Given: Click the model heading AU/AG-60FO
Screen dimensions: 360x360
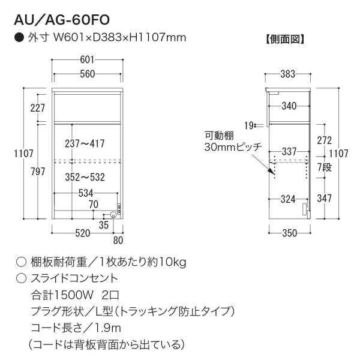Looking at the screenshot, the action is (x=62, y=20).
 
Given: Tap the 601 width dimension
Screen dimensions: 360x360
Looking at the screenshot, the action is (x=87, y=59).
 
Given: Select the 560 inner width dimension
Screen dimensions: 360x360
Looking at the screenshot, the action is (x=87, y=74).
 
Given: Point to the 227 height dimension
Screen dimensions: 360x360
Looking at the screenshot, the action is (x=38, y=108).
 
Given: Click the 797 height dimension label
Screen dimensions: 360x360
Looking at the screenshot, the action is (x=38, y=172).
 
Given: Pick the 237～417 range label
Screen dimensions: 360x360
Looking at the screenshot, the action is (x=85, y=144).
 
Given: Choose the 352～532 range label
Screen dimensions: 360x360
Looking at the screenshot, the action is (x=85, y=177).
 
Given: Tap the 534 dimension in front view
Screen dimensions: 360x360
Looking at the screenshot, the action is (x=86, y=193).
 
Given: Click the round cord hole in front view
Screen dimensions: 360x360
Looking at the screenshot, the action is (x=113, y=215).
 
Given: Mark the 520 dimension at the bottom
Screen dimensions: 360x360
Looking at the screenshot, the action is (x=83, y=233).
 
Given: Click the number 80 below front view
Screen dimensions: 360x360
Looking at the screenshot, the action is (x=118, y=241).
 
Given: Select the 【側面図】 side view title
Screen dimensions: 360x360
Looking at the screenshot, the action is (x=285, y=39).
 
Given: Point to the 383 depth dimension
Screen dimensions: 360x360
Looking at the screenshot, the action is (x=287, y=74).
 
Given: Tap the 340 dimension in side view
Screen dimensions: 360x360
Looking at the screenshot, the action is (x=289, y=106).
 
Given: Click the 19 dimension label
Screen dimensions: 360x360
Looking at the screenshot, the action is (x=249, y=125).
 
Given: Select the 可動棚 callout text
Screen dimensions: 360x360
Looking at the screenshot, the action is (x=219, y=136).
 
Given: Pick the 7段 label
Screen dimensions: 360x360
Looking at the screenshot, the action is (x=325, y=167).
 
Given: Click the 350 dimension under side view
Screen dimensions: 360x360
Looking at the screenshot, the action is (x=290, y=233).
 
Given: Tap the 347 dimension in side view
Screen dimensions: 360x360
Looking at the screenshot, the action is (x=325, y=199).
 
